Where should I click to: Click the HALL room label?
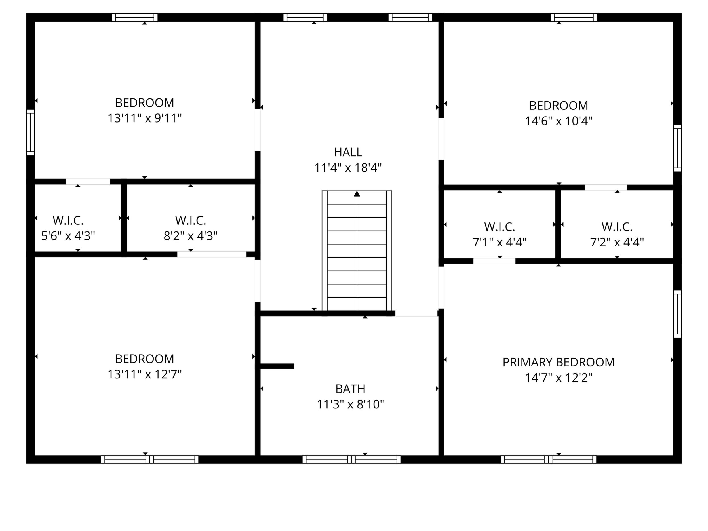[x=348, y=152]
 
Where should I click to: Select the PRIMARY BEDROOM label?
[x=559, y=362]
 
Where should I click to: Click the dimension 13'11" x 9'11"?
[x=145, y=119]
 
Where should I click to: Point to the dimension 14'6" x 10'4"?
[x=559, y=121]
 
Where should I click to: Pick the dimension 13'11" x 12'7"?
[x=145, y=374]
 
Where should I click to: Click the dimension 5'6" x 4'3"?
[x=68, y=236]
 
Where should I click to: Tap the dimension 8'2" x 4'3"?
[x=191, y=236]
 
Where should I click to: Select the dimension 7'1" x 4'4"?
[x=500, y=242]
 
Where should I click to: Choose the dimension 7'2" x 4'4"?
[x=617, y=242]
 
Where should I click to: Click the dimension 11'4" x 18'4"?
[x=348, y=168]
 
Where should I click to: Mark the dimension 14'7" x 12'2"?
[x=559, y=378]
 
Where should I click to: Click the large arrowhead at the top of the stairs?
[x=357, y=194]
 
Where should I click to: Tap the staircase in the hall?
[x=357, y=251]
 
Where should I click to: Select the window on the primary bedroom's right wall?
[x=678, y=314]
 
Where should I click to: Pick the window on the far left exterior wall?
[x=30, y=132]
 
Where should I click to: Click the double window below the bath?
[x=351, y=460]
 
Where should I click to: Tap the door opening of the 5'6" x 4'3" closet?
[x=88, y=182]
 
